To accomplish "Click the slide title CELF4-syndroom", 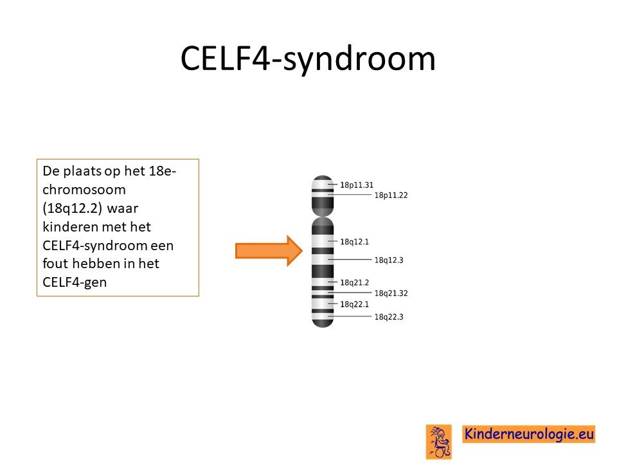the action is [308, 59].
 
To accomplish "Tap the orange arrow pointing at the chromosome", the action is [269, 251].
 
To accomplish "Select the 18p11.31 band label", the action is [357, 185].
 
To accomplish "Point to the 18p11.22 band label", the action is [391, 195].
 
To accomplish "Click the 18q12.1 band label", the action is [354, 242].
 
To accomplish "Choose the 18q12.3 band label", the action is [389, 260].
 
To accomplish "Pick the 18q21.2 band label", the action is [354, 282].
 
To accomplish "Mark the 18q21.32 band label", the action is [391, 293].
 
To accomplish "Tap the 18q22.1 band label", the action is [354, 304].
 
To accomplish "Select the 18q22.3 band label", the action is [389, 317].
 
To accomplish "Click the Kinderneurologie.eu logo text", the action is [529, 434].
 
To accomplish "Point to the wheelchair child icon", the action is [439, 441].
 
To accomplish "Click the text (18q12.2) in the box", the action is [73, 208].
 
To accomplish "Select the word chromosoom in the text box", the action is [84, 190].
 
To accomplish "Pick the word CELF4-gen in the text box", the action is [75, 282].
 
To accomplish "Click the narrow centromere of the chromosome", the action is [323, 216].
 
